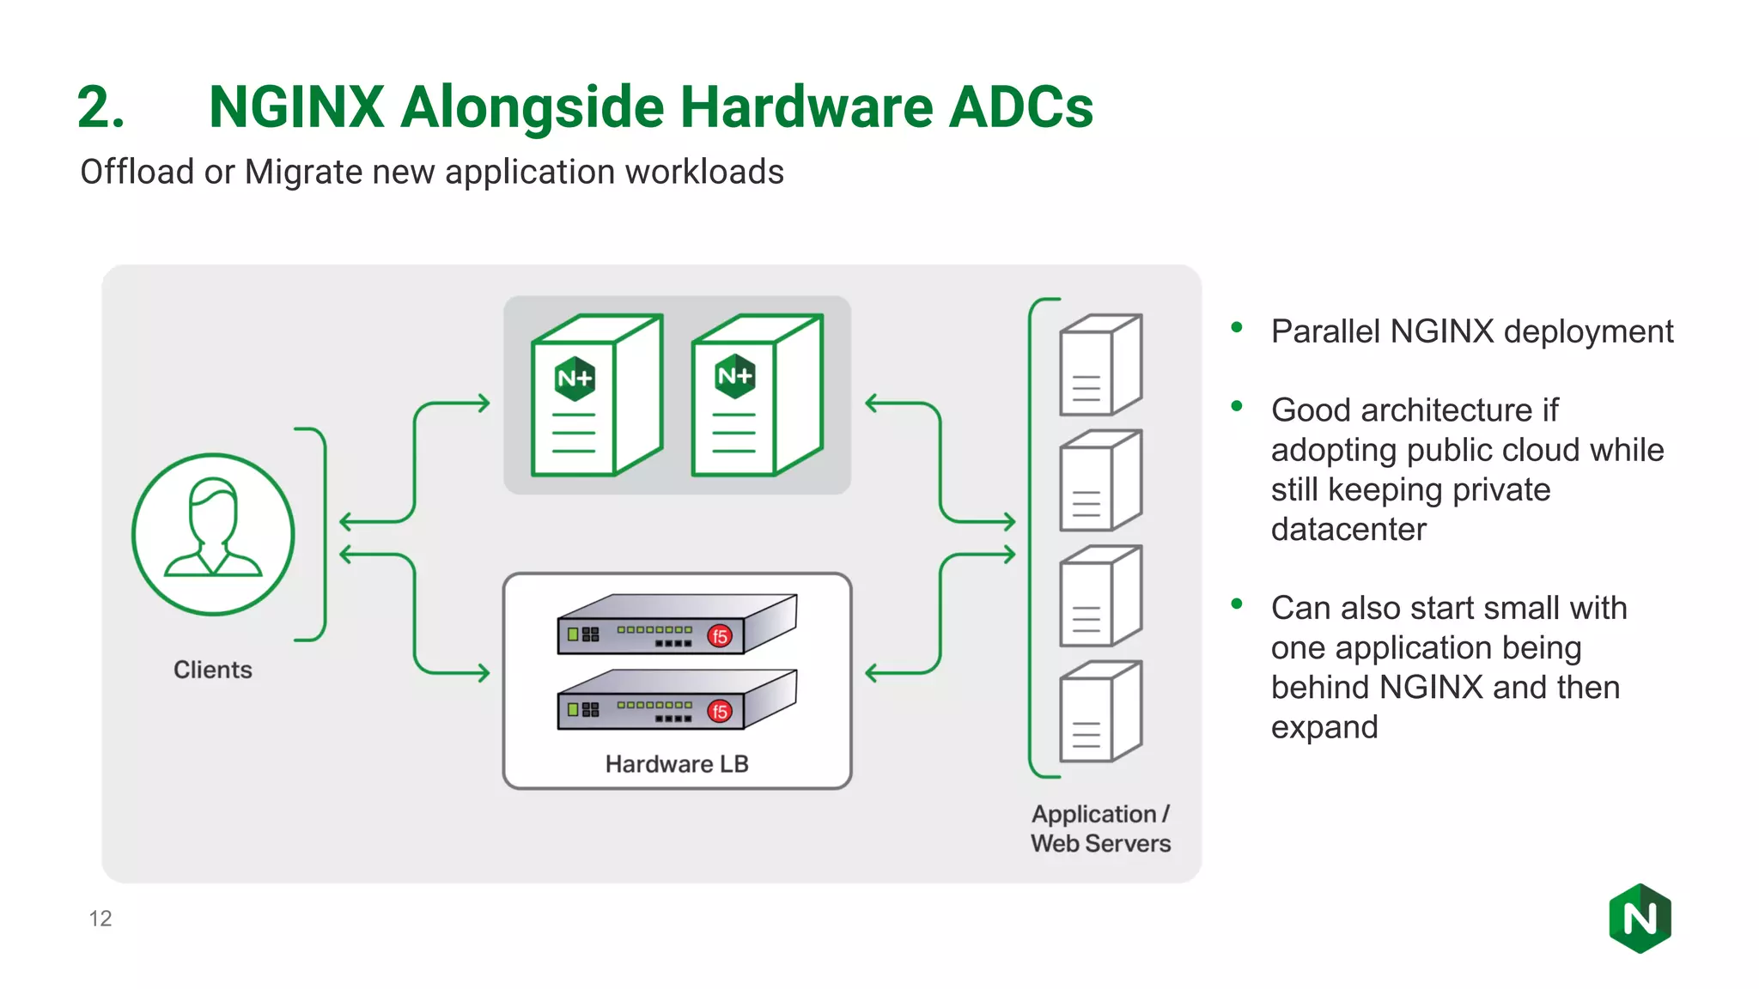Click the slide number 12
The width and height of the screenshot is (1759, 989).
click(100, 919)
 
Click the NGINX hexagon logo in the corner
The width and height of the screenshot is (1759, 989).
click(1640, 918)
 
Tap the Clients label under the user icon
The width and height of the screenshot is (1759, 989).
click(213, 670)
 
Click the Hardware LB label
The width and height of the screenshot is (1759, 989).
click(677, 764)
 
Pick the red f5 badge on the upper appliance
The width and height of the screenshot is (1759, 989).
click(720, 636)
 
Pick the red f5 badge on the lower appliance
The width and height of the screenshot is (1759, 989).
click(720, 711)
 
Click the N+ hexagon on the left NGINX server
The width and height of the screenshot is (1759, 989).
click(575, 379)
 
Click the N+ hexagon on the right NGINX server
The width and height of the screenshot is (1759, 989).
click(735, 376)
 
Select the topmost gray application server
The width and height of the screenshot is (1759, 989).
click(1100, 365)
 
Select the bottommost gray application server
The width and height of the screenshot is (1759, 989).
click(1100, 712)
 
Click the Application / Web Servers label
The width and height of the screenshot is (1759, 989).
click(1100, 828)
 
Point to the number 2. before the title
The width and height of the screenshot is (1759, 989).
click(100, 108)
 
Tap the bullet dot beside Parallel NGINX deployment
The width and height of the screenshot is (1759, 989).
click(1237, 327)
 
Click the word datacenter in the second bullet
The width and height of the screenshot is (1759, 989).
click(1348, 530)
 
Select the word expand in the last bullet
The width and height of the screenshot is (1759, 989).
click(1324, 727)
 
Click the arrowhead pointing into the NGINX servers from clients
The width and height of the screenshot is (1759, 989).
click(484, 403)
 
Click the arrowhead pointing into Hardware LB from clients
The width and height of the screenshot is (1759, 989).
click(484, 673)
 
